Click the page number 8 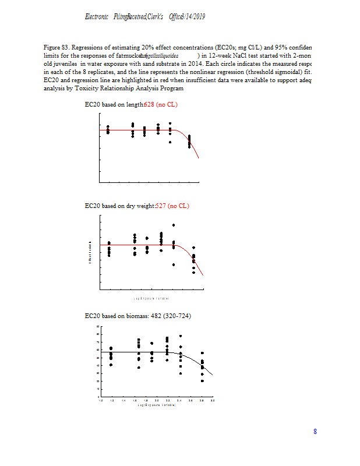point(315,432)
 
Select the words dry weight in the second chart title point(140,206)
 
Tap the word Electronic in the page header point(97,17)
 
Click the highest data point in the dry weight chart point(174,225)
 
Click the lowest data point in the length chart point(189,147)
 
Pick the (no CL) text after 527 point(179,206)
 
